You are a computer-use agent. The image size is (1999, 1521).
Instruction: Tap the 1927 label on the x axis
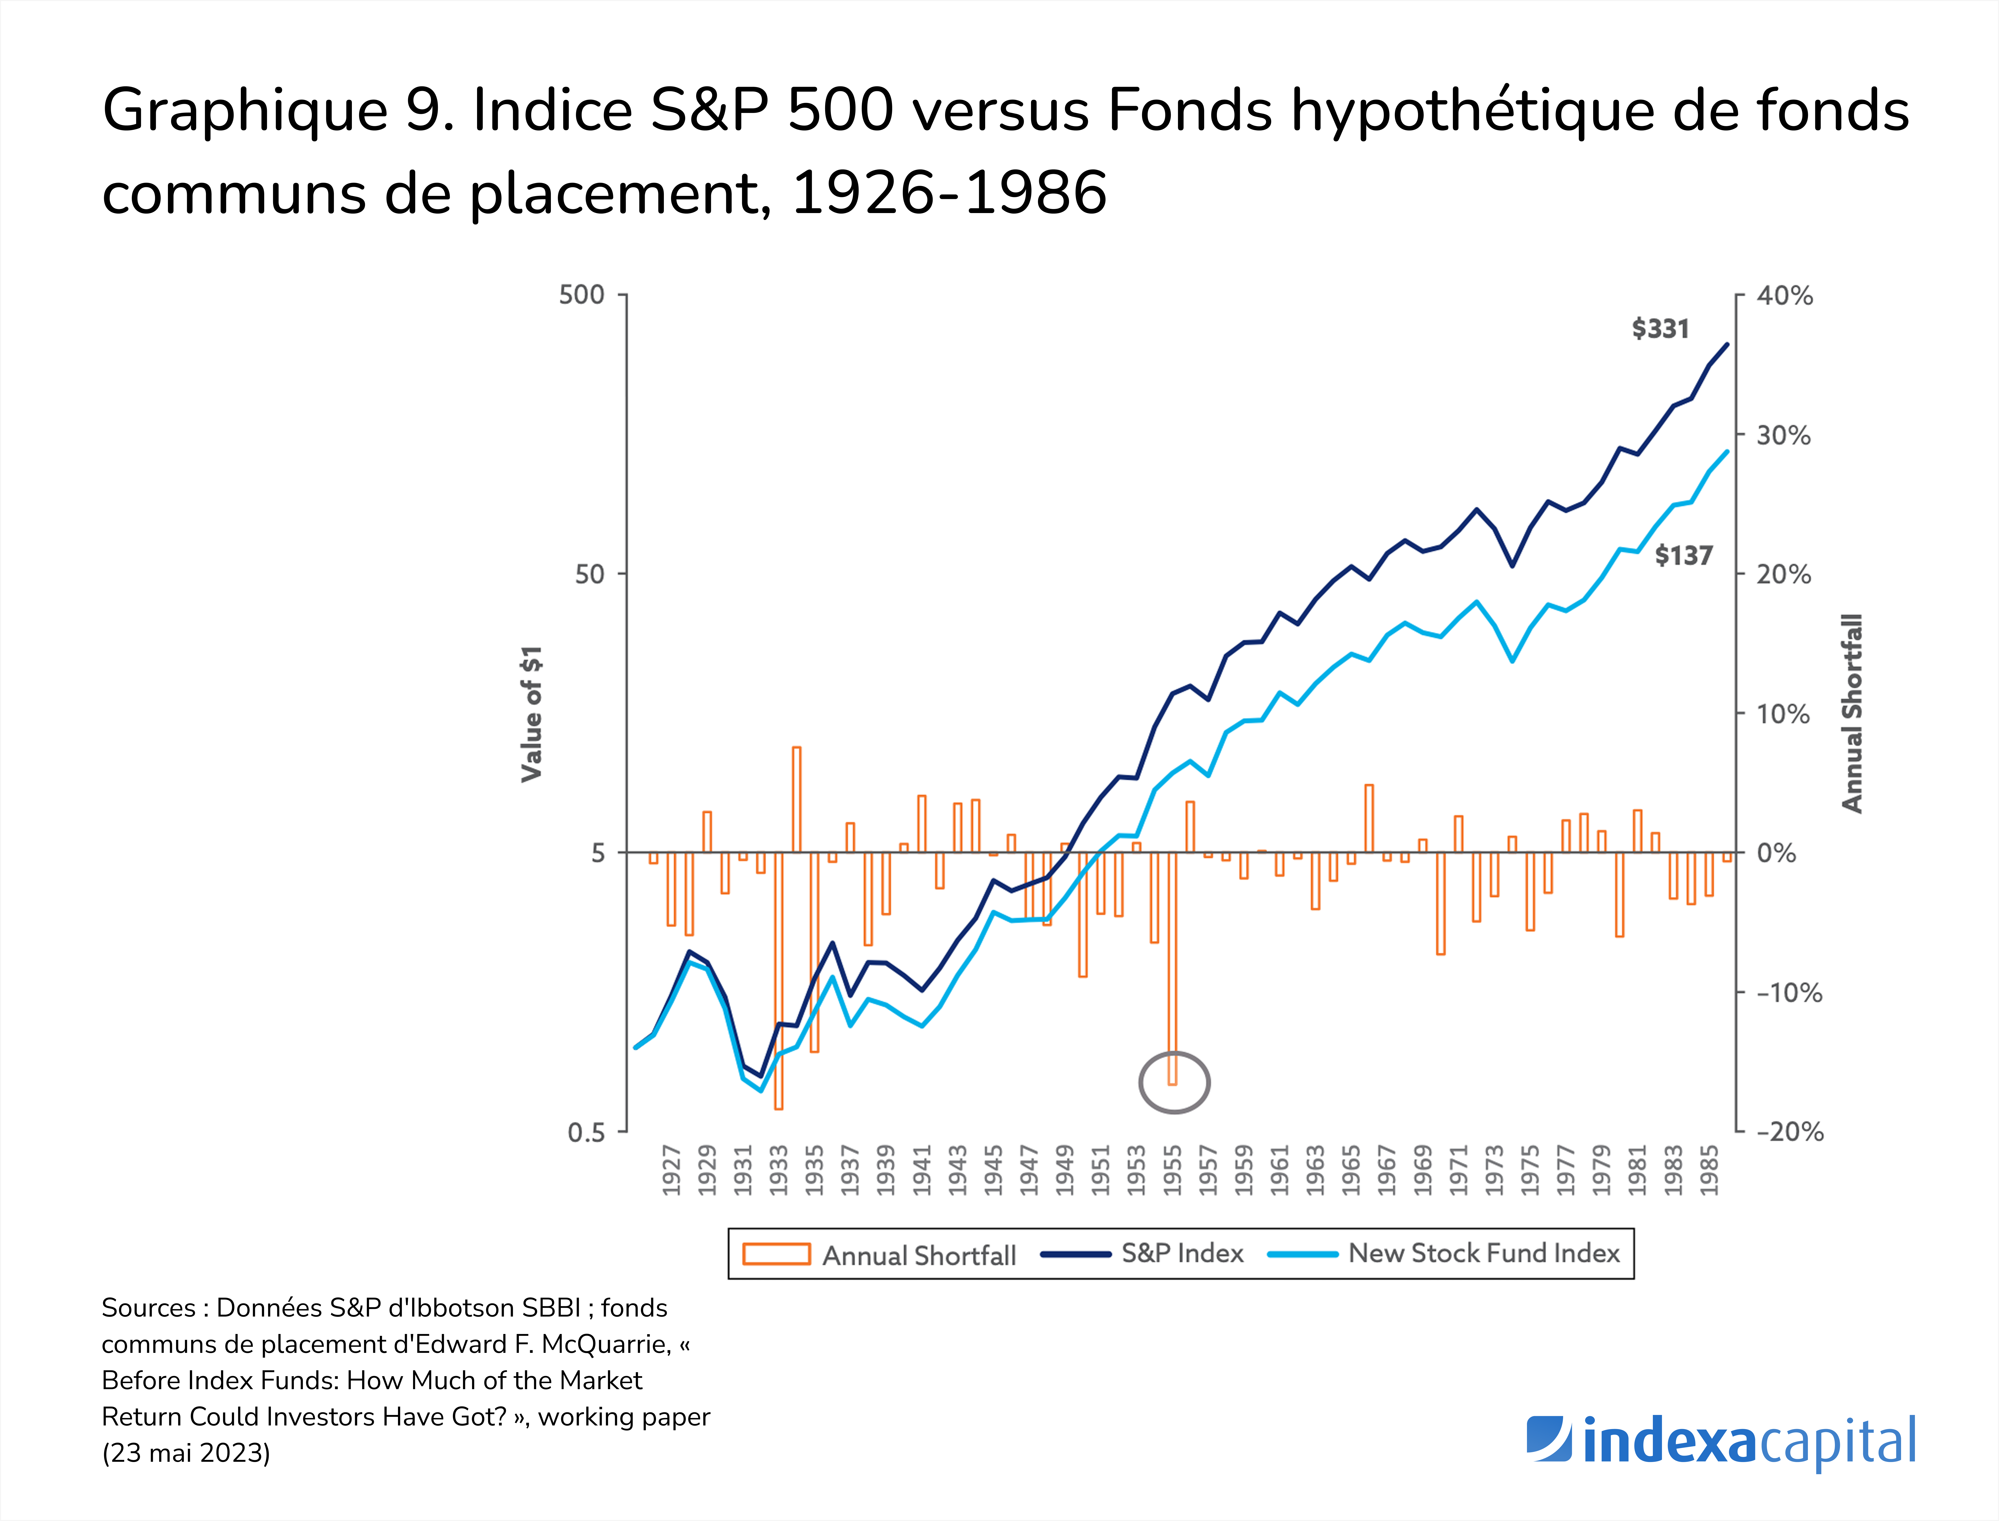(671, 1171)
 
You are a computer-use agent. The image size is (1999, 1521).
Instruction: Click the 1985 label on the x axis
(1708, 1171)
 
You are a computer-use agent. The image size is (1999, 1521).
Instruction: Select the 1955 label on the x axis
(1172, 1171)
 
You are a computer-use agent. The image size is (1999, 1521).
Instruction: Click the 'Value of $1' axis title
(532, 713)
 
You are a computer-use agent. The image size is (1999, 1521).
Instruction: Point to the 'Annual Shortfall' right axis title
(1852, 713)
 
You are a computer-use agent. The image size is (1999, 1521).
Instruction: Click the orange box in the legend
(776, 1254)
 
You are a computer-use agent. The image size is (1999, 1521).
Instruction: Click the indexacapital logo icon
(1549, 1439)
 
